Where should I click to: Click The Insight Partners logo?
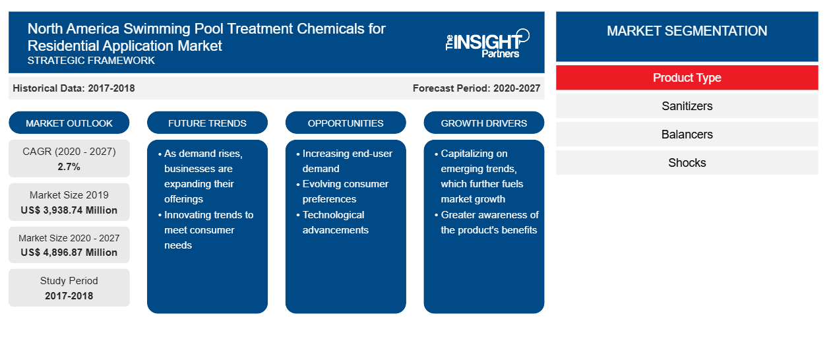pyautogui.click(x=487, y=44)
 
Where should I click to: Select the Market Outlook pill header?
pyautogui.click(x=69, y=123)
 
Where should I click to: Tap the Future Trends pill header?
pyautogui.click(x=207, y=123)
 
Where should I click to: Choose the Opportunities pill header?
pyautogui.click(x=346, y=123)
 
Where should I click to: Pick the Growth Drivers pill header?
pyautogui.click(x=483, y=123)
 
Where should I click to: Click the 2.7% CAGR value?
pyautogui.click(x=69, y=167)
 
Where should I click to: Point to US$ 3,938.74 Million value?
pyautogui.click(x=69, y=210)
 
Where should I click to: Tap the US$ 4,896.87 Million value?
pyautogui.click(x=69, y=253)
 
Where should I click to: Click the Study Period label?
pyautogui.click(x=69, y=281)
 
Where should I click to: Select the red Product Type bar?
pyautogui.click(x=687, y=78)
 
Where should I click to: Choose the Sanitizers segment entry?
pyautogui.click(x=687, y=106)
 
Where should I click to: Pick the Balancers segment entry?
pyautogui.click(x=687, y=135)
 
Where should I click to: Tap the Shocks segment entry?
pyautogui.click(x=687, y=163)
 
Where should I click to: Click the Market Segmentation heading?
pyautogui.click(x=687, y=31)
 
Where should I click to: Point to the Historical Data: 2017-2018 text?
pyautogui.click(x=74, y=88)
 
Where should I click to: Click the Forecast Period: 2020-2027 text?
pyautogui.click(x=476, y=88)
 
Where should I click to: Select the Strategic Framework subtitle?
pyautogui.click(x=91, y=61)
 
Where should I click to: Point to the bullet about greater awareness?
pyautogui.click(x=487, y=222)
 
